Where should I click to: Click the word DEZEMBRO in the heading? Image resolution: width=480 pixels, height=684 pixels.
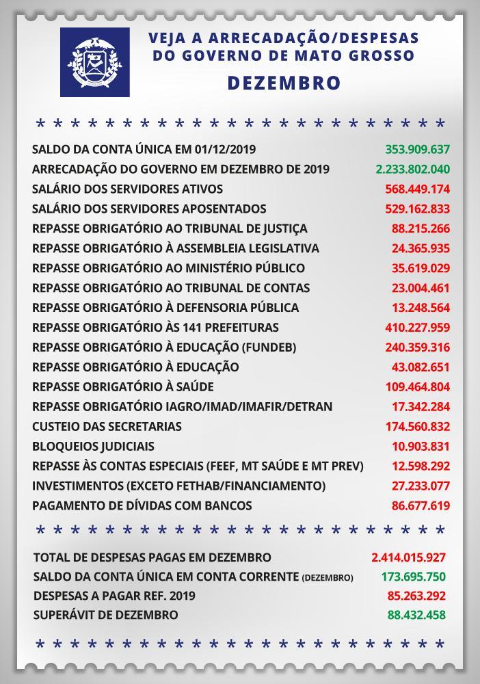(283, 83)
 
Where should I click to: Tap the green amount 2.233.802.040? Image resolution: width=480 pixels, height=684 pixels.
(413, 169)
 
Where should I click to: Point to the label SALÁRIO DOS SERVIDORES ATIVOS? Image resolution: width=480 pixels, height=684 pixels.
(127, 189)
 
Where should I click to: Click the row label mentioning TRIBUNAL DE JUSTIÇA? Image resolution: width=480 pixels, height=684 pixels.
(170, 228)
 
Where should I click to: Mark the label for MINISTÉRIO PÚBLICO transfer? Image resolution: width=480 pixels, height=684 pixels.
(168, 268)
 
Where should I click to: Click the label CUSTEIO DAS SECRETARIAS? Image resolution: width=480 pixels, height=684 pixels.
(107, 427)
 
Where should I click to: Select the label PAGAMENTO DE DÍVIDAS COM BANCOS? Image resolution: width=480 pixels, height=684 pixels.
(142, 506)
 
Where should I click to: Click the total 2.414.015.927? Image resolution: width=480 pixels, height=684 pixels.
(408, 557)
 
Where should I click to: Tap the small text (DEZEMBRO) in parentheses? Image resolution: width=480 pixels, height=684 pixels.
(328, 578)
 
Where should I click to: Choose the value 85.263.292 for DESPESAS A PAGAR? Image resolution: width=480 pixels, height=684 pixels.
(416, 596)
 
